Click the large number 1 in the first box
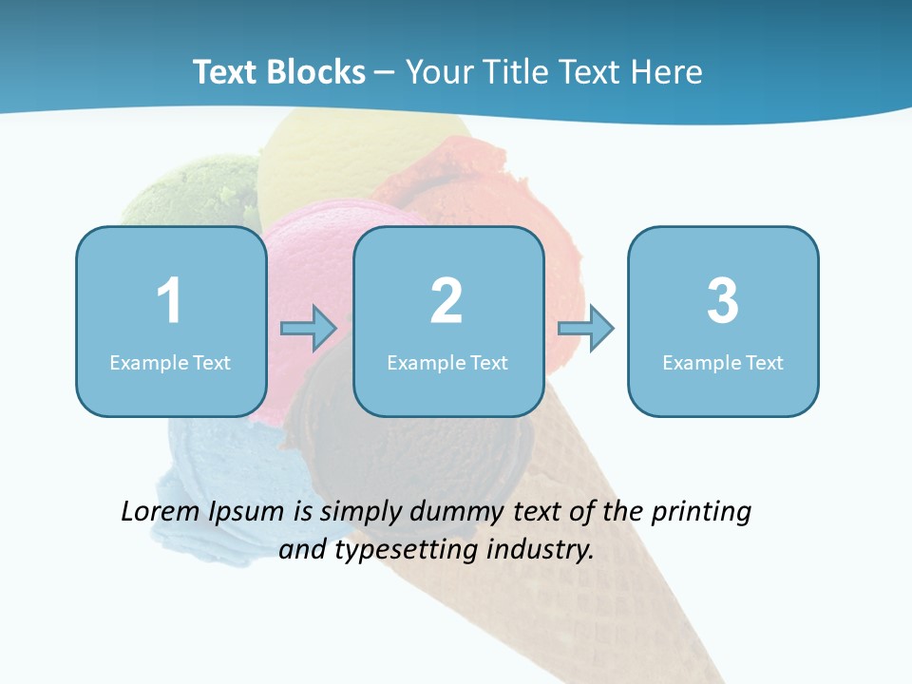pyautogui.click(x=169, y=301)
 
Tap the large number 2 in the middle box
pyautogui.click(x=446, y=301)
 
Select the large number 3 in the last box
pyautogui.click(x=723, y=301)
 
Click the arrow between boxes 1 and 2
pyautogui.click(x=309, y=329)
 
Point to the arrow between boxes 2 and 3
pyautogui.click(x=585, y=329)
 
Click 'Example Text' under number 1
pyautogui.click(x=170, y=362)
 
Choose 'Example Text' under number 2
pyautogui.click(x=447, y=362)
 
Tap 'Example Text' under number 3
pyautogui.click(x=723, y=362)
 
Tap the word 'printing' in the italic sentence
pyautogui.click(x=700, y=513)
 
